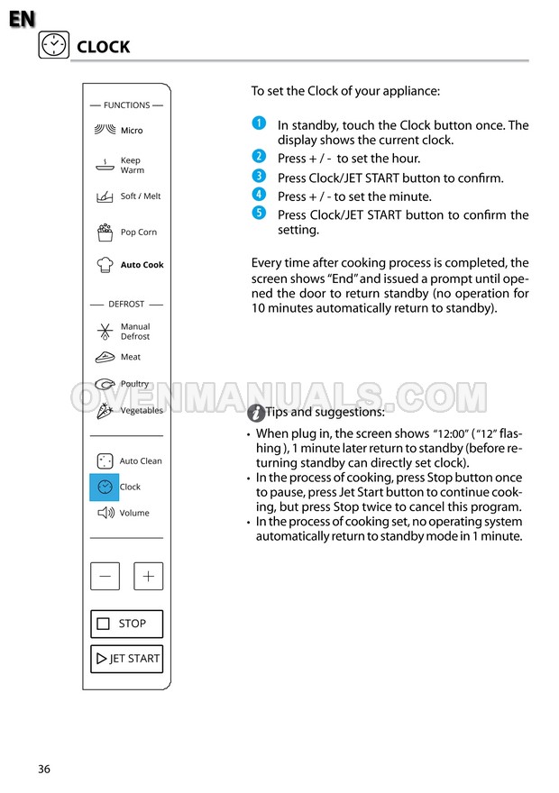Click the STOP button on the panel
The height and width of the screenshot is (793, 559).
point(126,624)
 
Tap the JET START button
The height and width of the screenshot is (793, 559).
point(126,659)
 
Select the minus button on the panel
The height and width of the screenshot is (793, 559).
point(105,577)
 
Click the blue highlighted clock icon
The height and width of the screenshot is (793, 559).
point(105,487)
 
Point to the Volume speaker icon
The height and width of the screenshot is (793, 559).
point(105,513)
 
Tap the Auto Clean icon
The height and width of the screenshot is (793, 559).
point(105,460)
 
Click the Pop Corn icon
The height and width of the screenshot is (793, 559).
point(105,232)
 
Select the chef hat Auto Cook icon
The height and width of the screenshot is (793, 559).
point(105,265)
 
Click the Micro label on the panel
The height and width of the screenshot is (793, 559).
point(132,131)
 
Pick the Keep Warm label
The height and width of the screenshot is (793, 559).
point(132,165)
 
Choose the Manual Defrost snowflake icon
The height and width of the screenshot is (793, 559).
point(105,331)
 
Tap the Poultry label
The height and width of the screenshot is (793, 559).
point(134,384)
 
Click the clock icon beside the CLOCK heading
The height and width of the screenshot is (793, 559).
point(54,45)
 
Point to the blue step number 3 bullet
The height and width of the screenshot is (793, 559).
point(259,176)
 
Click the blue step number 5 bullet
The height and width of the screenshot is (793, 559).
point(259,213)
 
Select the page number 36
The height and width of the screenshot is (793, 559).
point(44,769)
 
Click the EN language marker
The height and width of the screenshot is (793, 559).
point(22,19)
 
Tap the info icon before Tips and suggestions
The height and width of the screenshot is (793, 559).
point(256,413)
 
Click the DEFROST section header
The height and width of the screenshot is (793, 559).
point(126,305)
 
